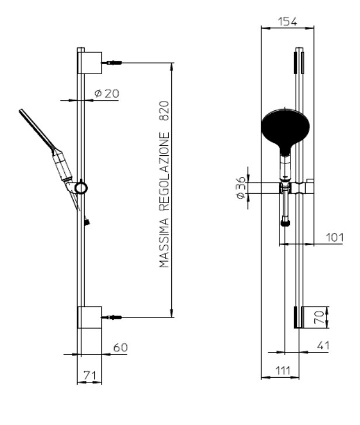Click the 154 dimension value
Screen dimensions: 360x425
pyautogui.click(x=288, y=22)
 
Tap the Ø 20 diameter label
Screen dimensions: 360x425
pyautogui.click(x=106, y=93)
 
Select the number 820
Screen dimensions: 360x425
pyautogui.click(x=164, y=111)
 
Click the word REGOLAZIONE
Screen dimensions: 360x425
pyautogui.click(x=164, y=172)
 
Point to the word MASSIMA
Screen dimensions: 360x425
pyautogui.click(x=164, y=243)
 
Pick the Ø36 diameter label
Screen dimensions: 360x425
pyautogui.click(x=241, y=187)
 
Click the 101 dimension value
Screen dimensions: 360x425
pyautogui.click(x=335, y=238)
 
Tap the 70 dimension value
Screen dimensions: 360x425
pyautogui.click(x=319, y=317)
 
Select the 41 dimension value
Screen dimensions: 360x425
pyautogui.click(x=323, y=346)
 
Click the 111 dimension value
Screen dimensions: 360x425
pyautogui.click(x=283, y=370)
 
